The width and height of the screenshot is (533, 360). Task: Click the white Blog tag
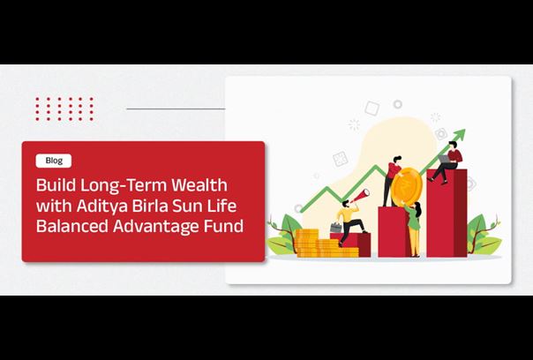(x=54, y=161)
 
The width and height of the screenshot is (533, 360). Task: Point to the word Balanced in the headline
(x=72, y=227)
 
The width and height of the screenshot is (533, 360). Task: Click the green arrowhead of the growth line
(x=460, y=135)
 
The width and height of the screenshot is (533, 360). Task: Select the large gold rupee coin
(x=407, y=187)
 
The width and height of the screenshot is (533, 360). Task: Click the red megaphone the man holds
(x=360, y=196)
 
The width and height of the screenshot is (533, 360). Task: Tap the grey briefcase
(x=336, y=228)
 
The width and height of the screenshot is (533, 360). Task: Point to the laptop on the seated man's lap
(x=444, y=159)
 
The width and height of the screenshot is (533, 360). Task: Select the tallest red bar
(x=447, y=214)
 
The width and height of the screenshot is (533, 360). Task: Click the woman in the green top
(x=414, y=229)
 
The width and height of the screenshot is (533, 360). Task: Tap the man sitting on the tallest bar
(x=447, y=162)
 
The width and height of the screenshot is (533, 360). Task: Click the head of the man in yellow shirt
(x=346, y=204)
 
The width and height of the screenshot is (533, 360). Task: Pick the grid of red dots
(x=64, y=109)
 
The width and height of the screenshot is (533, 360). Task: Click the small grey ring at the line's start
(x=298, y=208)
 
